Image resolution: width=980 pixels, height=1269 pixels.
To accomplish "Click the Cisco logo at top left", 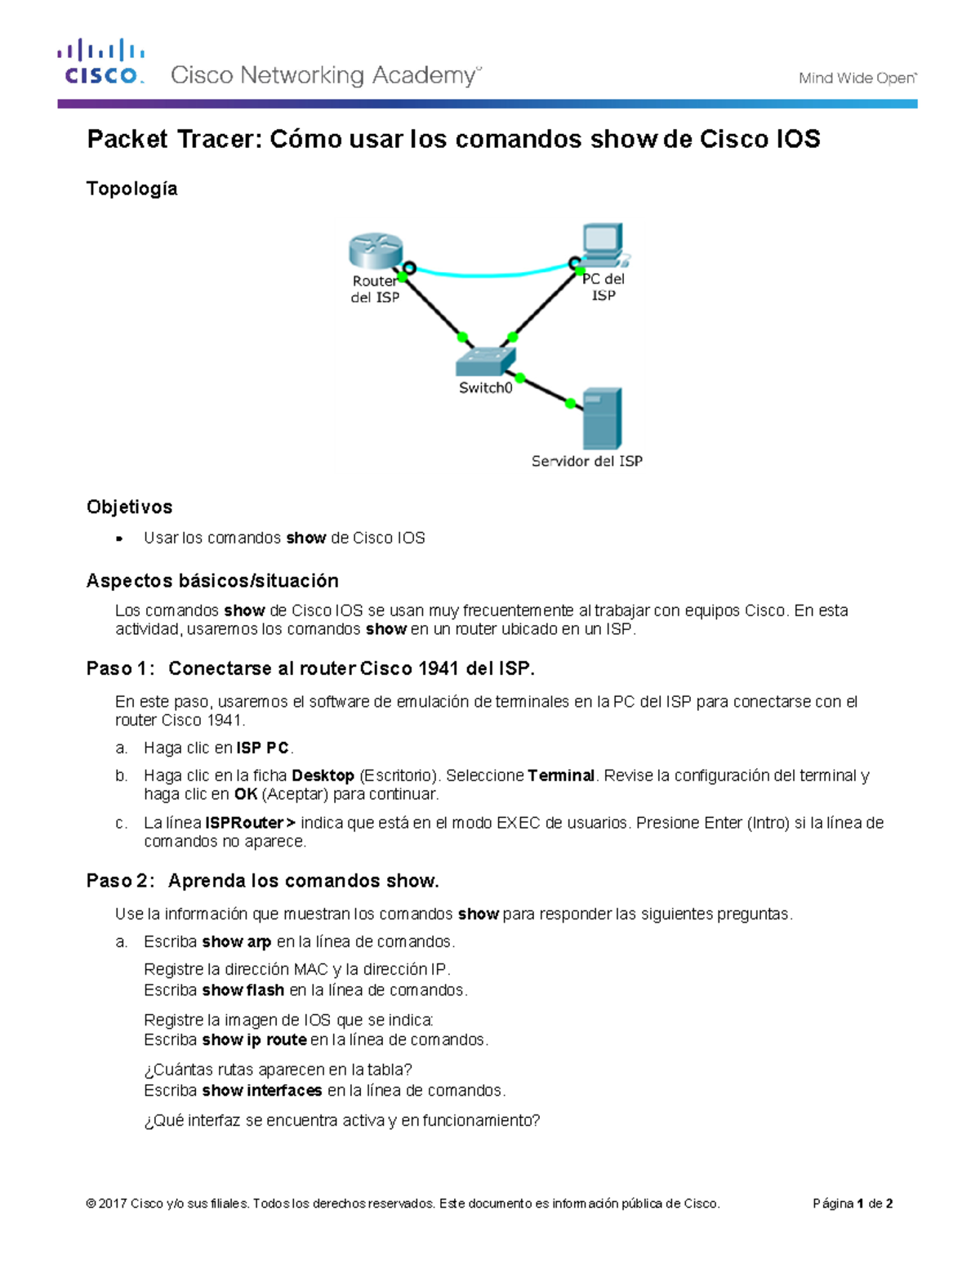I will coord(100,62).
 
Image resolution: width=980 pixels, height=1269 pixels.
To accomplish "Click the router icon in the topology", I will coord(376,250).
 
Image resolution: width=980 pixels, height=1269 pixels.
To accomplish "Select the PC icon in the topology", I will coord(604,244).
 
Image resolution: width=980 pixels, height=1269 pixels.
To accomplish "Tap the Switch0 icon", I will coord(486,360).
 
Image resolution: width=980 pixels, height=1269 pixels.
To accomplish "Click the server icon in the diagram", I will coord(603,418).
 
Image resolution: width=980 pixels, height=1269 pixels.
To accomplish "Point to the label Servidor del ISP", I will coord(586,462).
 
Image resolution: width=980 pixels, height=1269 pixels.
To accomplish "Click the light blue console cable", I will coord(490,273).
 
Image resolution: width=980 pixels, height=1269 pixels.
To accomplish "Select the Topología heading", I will coord(131,189).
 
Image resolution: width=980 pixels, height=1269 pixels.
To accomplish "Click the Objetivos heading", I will coord(129,507).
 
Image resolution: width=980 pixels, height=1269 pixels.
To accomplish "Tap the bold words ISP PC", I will coord(262,748).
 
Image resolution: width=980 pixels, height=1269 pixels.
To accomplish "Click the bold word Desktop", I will coord(323,775).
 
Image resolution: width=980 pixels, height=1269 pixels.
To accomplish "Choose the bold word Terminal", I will coord(561,775).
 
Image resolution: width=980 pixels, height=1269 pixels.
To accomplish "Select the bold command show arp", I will coord(236,942).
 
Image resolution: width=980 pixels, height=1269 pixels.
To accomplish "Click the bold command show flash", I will coord(243,990).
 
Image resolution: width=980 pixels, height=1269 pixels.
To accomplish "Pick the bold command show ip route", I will coord(254,1040).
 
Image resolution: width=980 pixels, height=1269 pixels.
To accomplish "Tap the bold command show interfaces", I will coord(261,1091).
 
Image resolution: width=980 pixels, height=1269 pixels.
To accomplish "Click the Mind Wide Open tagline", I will coord(857,78).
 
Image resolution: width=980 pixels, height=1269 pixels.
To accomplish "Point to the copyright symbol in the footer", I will coord(91,1204).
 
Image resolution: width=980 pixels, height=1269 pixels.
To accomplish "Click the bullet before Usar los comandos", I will coord(119,538).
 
